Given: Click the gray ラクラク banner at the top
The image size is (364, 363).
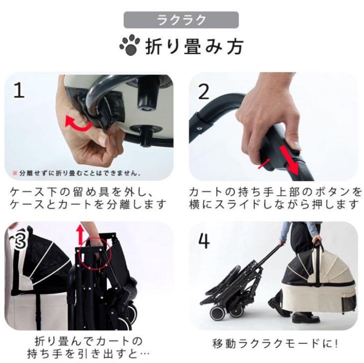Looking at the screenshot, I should tap(181, 20).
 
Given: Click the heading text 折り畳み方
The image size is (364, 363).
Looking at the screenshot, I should tap(194, 47).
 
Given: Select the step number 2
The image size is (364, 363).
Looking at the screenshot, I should tap(204, 91).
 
